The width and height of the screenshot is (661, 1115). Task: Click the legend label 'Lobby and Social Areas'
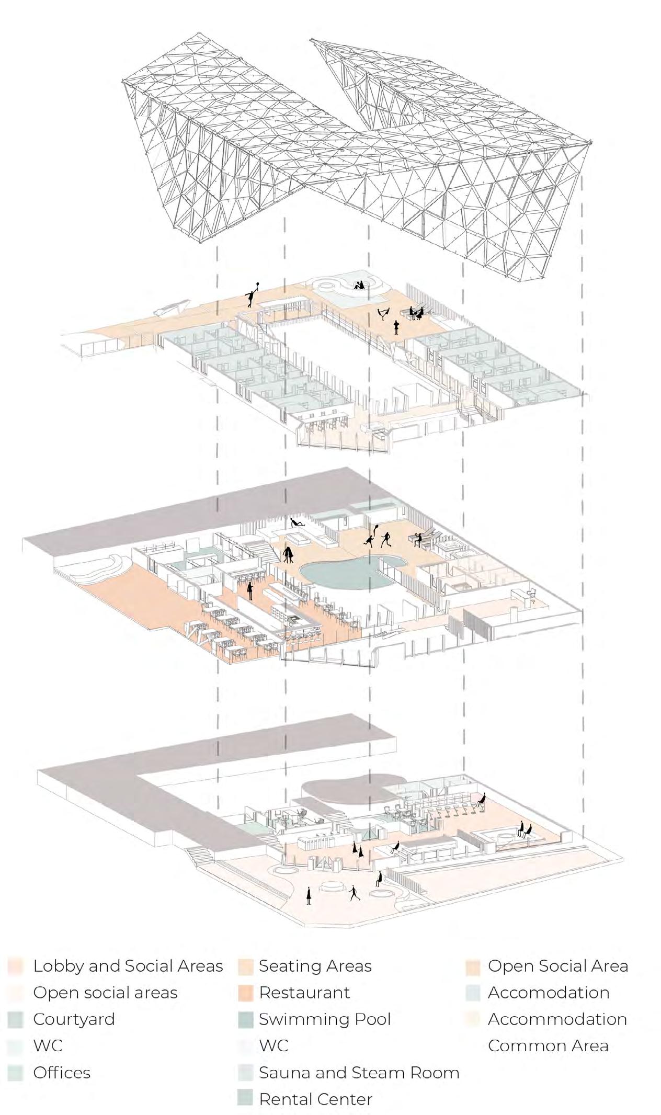128,966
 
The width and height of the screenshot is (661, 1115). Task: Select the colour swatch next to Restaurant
246,993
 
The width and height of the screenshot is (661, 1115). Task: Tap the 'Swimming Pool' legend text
324,1019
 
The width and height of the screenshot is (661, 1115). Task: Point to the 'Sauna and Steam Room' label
359,1072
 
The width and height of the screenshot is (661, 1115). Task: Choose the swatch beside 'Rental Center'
246,1099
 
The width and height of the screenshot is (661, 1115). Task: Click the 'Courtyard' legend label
74,1019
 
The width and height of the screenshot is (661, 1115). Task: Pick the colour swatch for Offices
16,1073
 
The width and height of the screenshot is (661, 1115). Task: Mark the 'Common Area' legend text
548,1045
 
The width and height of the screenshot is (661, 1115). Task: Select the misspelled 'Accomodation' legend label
549,993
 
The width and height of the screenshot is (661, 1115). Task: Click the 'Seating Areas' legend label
315,966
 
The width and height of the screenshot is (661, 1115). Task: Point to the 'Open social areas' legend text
105,993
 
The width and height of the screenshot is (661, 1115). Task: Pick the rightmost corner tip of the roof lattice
590,142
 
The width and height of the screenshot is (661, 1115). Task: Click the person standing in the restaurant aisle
250,590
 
